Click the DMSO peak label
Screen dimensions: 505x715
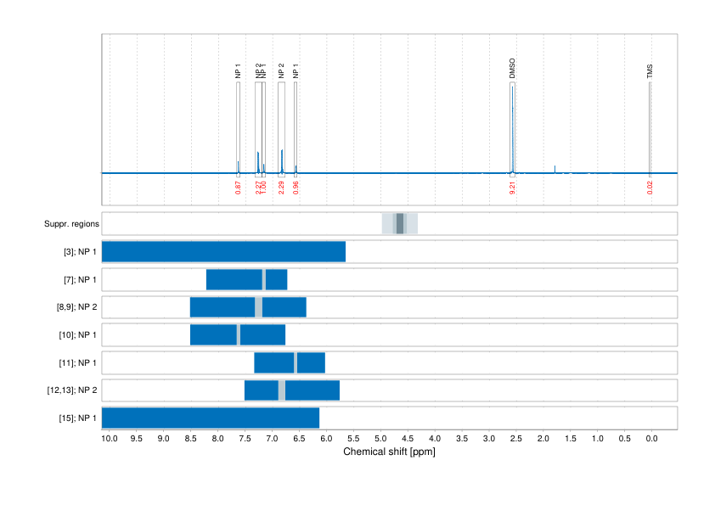513,69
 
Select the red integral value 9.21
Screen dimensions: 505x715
513,187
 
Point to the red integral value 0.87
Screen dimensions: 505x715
239,187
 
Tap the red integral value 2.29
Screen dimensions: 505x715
281,187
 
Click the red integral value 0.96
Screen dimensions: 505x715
296,187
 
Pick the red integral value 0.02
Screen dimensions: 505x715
650,187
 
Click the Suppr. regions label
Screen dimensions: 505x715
72,224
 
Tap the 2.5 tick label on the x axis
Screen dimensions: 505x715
516,439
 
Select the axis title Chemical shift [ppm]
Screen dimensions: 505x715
389,452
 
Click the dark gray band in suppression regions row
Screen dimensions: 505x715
401,224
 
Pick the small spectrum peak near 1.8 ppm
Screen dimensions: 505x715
555,168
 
